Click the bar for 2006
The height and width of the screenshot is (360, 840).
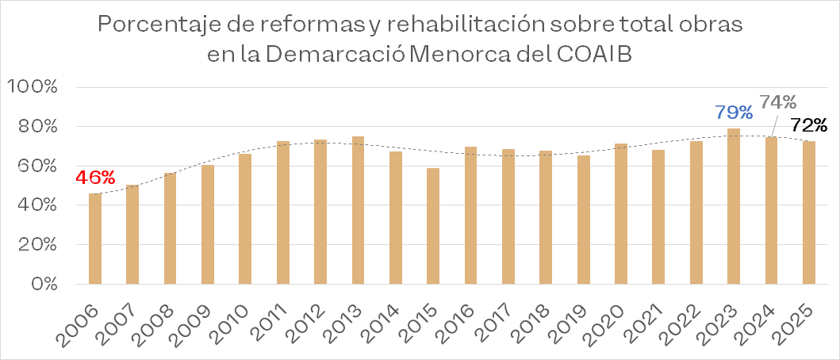(x=94, y=239)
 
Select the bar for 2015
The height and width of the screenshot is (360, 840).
(x=433, y=226)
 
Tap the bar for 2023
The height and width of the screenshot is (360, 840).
(x=734, y=206)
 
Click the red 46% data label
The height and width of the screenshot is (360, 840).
(x=94, y=178)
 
